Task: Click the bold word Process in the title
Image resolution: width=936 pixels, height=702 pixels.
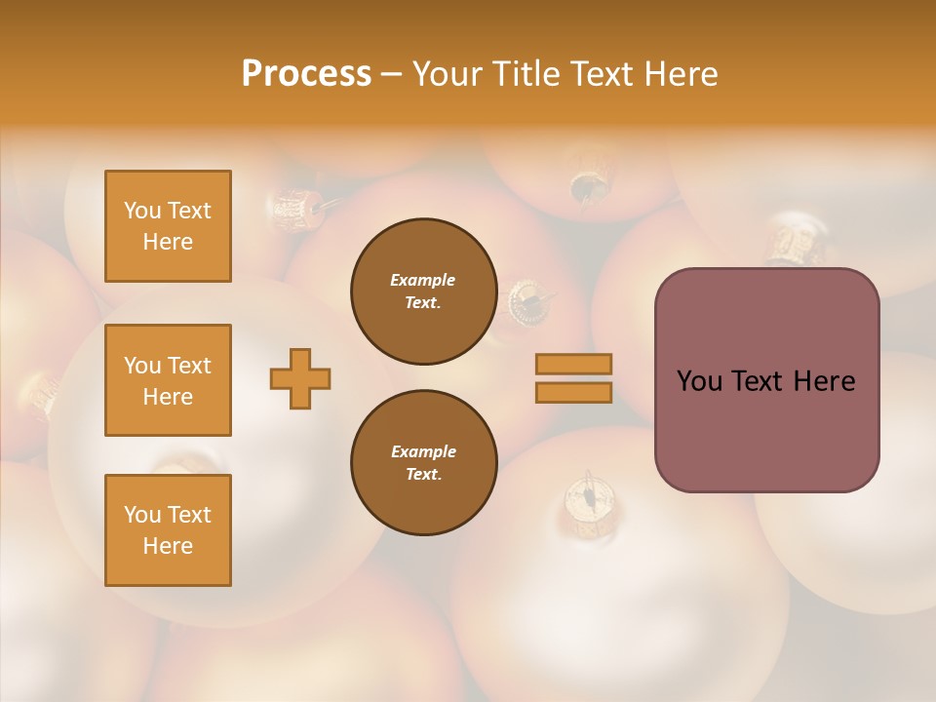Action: pyautogui.click(x=306, y=73)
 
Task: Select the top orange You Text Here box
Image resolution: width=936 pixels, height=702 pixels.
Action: pyautogui.click(x=168, y=226)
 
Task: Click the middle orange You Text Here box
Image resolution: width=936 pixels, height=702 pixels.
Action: pyautogui.click(x=168, y=380)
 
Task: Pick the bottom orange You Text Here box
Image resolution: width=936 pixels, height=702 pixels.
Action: pyautogui.click(x=168, y=529)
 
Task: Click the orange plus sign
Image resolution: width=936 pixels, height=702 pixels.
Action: pyautogui.click(x=300, y=378)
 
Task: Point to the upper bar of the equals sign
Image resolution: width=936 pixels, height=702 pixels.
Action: pyautogui.click(x=574, y=364)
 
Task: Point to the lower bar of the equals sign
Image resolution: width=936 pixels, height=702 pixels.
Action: pyautogui.click(x=574, y=392)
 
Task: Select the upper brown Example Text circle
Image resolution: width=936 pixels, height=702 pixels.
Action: pyautogui.click(x=423, y=292)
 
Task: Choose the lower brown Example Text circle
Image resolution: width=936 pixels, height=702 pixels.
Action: pyautogui.click(x=423, y=463)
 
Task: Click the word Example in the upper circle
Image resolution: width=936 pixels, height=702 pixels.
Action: pyautogui.click(x=422, y=280)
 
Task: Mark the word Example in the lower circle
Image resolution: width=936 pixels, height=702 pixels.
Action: pyautogui.click(x=423, y=451)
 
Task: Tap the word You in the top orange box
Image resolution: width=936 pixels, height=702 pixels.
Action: pyautogui.click(x=141, y=211)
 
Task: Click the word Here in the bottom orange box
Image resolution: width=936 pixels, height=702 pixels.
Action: pyautogui.click(x=168, y=545)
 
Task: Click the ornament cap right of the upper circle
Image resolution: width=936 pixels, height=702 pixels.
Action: pyautogui.click(x=528, y=300)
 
